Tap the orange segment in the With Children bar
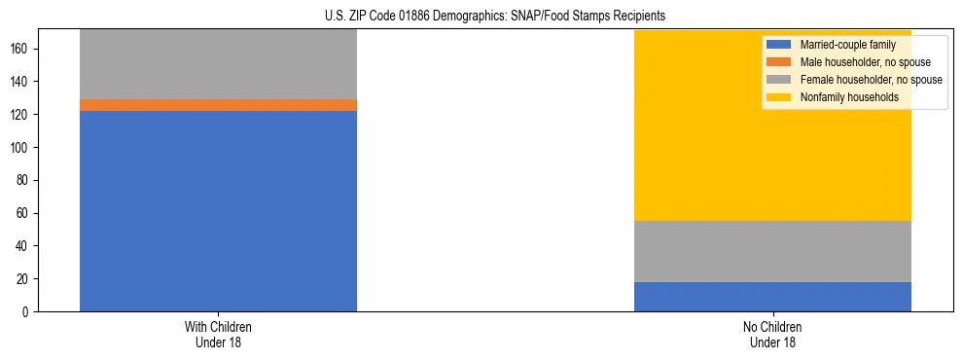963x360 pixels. [x=218, y=105]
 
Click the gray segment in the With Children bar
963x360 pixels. [x=218, y=64]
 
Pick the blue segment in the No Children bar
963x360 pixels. [x=772, y=297]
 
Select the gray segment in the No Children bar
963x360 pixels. [x=772, y=251]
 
